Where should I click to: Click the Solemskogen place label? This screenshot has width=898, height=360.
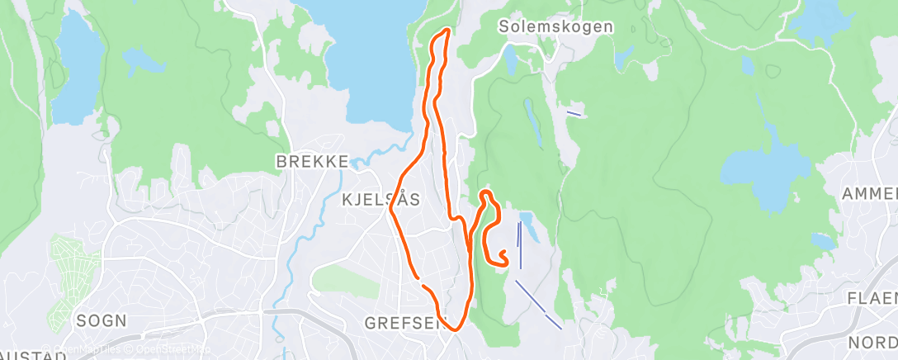(x=555, y=26)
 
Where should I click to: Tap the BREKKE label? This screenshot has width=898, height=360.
(x=314, y=161)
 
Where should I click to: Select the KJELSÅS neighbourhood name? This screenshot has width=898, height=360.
(x=380, y=199)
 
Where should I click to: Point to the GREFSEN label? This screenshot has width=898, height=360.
(x=404, y=324)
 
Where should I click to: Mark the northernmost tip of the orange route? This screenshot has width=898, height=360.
(x=447, y=31)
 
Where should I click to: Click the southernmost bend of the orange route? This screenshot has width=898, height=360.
(x=452, y=329)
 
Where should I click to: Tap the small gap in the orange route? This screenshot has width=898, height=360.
(x=420, y=282)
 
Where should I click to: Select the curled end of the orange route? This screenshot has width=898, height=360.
(x=503, y=254)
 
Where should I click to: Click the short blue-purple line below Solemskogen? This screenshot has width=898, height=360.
(x=574, y=112)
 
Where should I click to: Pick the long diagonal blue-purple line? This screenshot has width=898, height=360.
(x=538, y=304)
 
